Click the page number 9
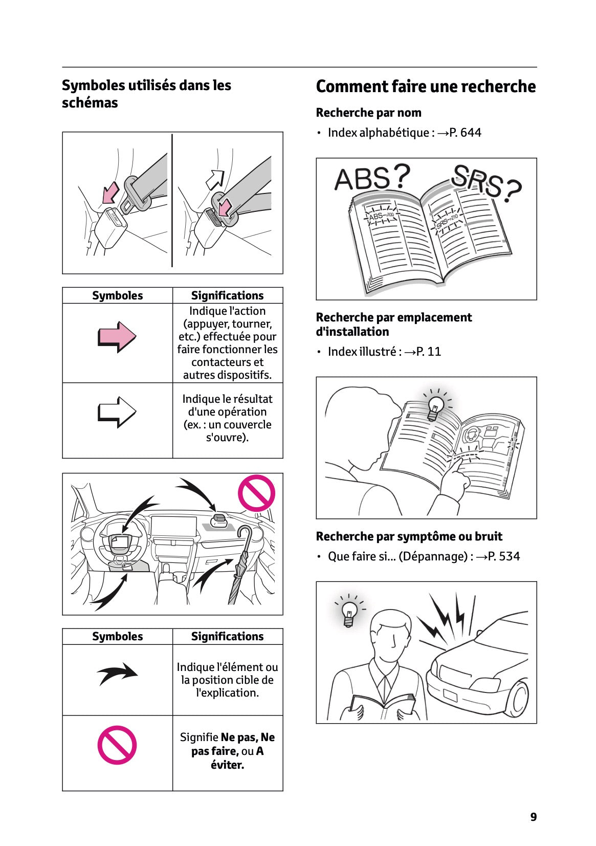[533, 817]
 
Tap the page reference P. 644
[465, 133]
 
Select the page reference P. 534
[503, 556]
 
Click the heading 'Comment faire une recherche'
[426, 86]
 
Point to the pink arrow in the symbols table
[117, 337]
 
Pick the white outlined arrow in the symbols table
[117, 412]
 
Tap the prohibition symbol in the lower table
[117, 745]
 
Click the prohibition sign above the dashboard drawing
[256, 493]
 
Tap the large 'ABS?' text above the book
[372, 178]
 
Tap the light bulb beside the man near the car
[349, 611]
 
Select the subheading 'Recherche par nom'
[368, 113]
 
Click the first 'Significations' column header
[227, 296]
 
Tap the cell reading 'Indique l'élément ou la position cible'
[227, 680]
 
